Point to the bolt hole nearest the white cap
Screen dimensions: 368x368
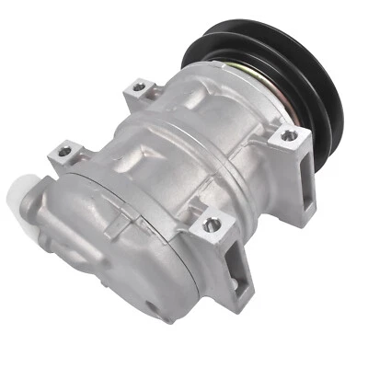65,152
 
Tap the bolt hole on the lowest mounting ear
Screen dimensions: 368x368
213,224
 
